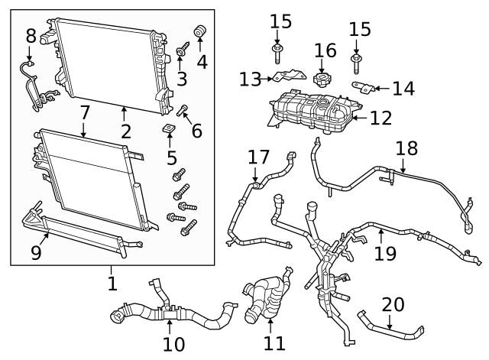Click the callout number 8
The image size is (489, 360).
tap(31, 35)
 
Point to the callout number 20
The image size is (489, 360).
tap(393, 304)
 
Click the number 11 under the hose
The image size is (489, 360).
tap(274, 343)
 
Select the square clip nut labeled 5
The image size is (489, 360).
tap(170, 128)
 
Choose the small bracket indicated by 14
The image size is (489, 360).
tap(361, 86)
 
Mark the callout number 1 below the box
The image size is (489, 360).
tap(112, 284)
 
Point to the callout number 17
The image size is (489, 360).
tap(258, 157)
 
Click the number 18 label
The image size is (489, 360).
tap(406, 148)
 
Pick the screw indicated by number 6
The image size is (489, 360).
tap(183, 112)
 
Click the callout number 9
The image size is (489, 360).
tap(36, 252)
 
